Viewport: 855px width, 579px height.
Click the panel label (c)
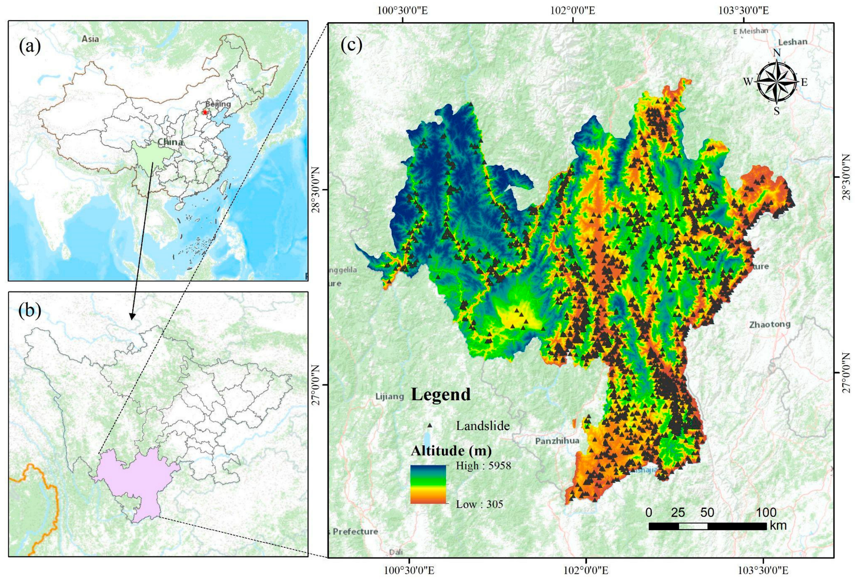coord(352,45)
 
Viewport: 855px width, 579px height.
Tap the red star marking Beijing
coord(205,112)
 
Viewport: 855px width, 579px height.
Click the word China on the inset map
coord(170,142)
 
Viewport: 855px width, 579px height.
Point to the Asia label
coord(90,39)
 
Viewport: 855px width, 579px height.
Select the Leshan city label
coord(793,42)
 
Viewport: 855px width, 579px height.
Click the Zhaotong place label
coord(770,324)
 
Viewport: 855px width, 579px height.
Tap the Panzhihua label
coord(557,441)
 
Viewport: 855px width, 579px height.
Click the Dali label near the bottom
coord(396,562)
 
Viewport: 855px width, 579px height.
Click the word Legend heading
coord(441,395)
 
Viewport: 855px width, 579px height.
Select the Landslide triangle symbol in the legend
coord(430,425)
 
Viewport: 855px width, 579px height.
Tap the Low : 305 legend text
coord(479,504)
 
